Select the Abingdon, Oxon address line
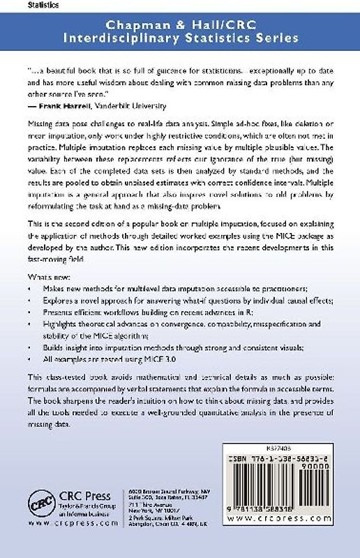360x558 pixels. [x=169, y=532]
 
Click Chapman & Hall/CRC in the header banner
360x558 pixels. [x=179, y=25]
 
